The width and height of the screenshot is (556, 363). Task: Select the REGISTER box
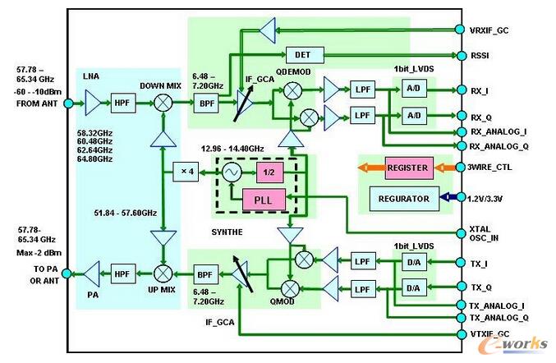click(x=407, y=168)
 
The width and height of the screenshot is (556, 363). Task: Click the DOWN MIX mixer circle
click(x=164, y=104)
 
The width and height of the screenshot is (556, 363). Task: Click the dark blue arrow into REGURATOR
click(x=447, y=197)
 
